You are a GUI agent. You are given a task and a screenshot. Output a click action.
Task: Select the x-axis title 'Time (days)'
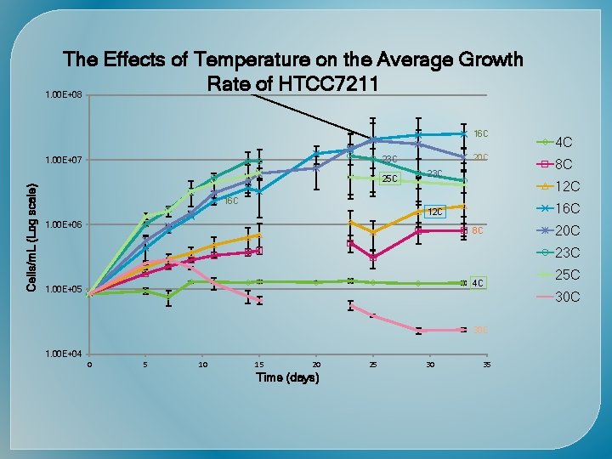coord(287,377)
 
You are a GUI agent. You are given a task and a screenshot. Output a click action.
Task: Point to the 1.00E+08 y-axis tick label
coord(65,95)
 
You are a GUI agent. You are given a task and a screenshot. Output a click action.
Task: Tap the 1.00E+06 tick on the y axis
coord(65,224)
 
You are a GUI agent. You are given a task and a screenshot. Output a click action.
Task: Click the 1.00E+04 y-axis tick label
coord(65,354)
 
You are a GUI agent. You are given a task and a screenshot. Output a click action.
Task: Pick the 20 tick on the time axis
coord(316,365)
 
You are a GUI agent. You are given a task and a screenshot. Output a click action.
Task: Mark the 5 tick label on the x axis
coord(146,365)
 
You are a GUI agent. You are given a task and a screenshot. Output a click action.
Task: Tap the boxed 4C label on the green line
coord(479,282)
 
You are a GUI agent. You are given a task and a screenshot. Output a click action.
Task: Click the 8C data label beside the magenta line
coord(478,230)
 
